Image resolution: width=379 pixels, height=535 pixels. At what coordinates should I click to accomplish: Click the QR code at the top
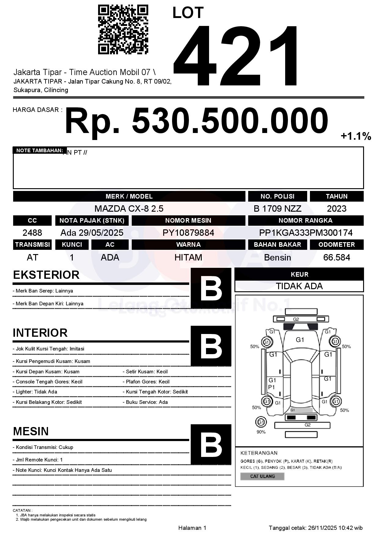coord(123,30)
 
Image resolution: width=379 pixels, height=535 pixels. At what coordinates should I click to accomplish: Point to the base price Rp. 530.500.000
coord(196,121)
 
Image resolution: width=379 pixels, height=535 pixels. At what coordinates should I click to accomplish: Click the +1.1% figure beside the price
coord(356,136)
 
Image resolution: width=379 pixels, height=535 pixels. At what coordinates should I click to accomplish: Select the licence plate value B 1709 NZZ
coord(277,209)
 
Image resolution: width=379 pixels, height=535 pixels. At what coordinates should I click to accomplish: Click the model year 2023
coord(337,209)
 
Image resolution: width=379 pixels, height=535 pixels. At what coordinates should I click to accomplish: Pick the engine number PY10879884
coord(188,233)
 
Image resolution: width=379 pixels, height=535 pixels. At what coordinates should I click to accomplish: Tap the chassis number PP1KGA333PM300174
coord(306,233)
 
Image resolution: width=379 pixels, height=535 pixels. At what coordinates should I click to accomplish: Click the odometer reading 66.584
coord(337,257)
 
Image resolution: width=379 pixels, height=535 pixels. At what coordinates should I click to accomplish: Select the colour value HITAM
coord(188,257)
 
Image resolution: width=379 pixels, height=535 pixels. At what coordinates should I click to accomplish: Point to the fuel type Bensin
coord(277,257)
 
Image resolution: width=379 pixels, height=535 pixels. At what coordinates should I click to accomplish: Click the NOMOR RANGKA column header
coord(306,220)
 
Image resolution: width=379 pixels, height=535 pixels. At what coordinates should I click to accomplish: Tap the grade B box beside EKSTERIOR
coord(211,288)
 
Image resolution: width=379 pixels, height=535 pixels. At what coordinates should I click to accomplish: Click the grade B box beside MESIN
coord(211,444)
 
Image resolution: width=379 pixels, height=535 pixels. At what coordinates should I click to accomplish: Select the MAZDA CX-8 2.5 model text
coord(129,209)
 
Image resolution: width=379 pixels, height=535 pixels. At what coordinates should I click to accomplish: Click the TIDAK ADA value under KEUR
coord(299,286)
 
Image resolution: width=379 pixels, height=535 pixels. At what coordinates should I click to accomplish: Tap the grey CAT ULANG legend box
coord(262,476)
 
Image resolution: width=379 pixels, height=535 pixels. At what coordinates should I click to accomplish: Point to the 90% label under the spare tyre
coord(261,432)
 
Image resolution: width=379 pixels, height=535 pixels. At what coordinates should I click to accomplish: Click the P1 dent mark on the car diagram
coord(271,387)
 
